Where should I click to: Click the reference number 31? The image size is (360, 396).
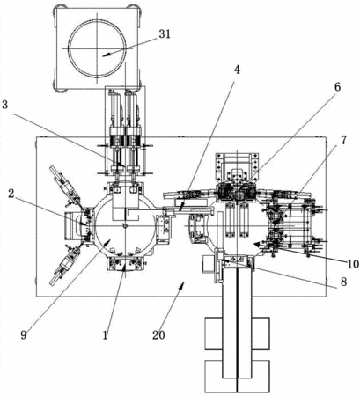click(x=165, y=34)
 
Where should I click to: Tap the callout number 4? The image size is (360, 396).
click(x=237, y=70)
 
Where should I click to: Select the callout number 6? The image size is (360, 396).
click(x=338, y=87)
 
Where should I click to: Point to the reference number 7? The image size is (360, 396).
click(x=343, y=140)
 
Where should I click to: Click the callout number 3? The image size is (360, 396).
click(x=5, y=105)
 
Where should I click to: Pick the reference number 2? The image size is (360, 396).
click(x=11, y=194)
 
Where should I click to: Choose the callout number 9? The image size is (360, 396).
click(x=24, y=334)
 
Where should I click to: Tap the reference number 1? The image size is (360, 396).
click(x=106, y=334)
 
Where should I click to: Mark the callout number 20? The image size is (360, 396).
click(x=158, y=334)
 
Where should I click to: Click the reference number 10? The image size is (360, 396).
click(x=353, y=264)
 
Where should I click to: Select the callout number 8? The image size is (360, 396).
click(x=343, y=282)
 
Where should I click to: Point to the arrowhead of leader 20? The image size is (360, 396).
click(x=183, y=284)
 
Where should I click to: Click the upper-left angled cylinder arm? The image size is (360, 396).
click(x=66, y=187)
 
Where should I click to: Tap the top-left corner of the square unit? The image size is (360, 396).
click(x=56, y=8)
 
